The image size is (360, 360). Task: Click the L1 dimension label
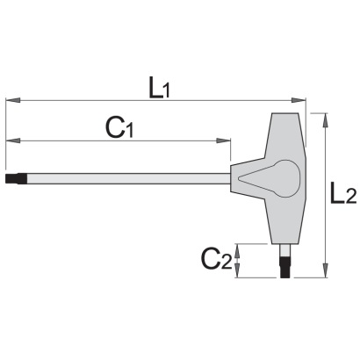[159, 87]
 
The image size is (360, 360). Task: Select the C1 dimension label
[119, 128]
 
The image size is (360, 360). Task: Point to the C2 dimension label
[216, 260]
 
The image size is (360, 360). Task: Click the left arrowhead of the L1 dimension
[13, 100]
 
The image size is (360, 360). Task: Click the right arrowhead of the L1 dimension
[299, 100]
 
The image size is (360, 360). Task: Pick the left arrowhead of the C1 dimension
[13, 140]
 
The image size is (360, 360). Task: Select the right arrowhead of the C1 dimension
[223, 140]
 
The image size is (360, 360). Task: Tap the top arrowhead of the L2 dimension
[325, 120]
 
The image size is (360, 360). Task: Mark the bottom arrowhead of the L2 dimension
[325, 270]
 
